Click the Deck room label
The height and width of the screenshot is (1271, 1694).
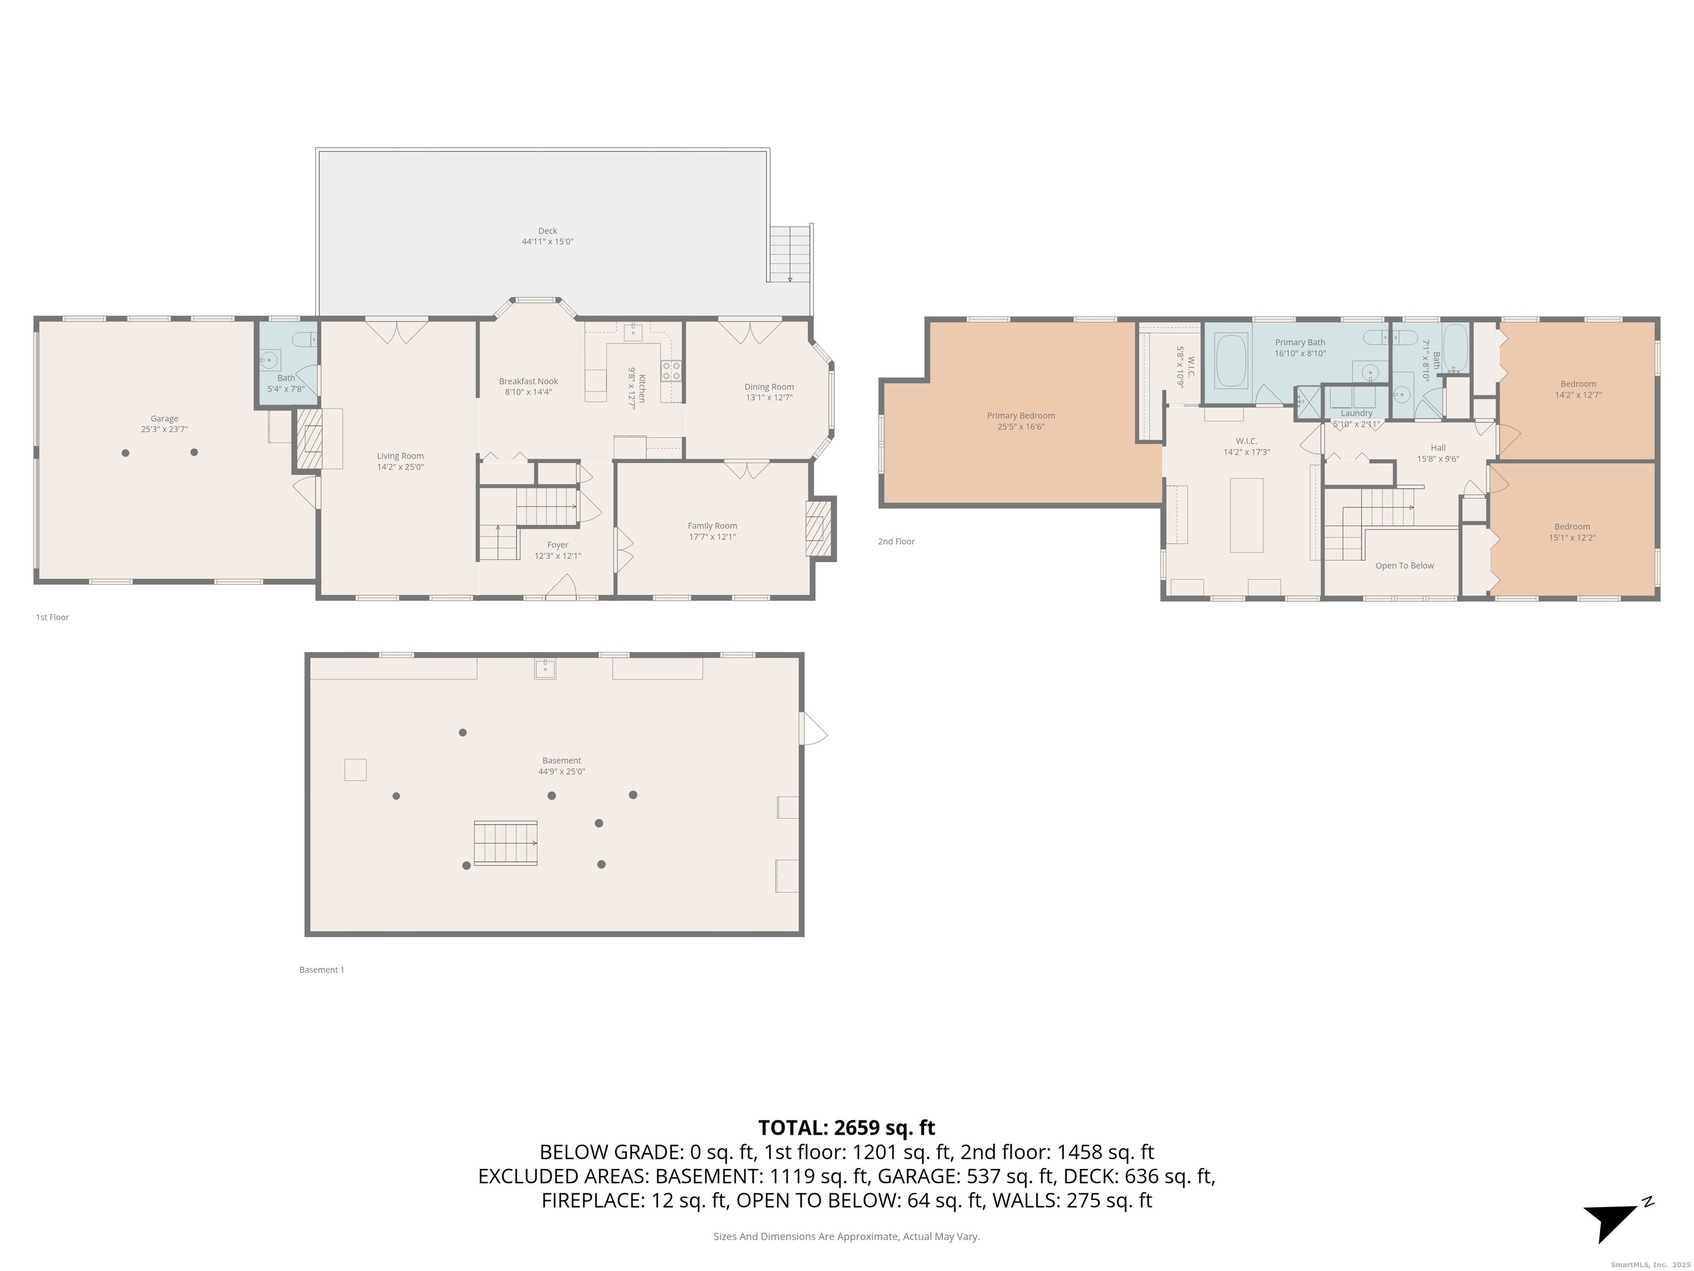pyautogui.click(x=547, y=231)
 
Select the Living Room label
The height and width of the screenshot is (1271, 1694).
pyautogui.click(x=400, y=456)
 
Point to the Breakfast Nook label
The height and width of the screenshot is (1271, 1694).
pyautogui.click(x=528, y=381)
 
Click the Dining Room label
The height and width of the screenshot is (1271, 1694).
pyautogui.click(x=768, y=387)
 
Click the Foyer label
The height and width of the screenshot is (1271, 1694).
pyautogui.click(x=557, y=544)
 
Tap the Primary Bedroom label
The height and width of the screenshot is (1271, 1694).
pyautogui.click(x=1020, y=416)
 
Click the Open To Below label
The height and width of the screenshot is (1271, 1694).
pyautogui.click(x=1404, y=565)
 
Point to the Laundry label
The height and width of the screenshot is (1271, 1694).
pyautogui.click(x=1357, y=413)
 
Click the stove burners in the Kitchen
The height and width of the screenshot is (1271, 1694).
pyautogui.click(x=671, y=372)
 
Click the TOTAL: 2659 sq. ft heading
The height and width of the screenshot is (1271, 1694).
pyautogui.click(x=846, y=1128)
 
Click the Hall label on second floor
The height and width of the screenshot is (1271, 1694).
pyautogui.click(x=1438, y=447)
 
